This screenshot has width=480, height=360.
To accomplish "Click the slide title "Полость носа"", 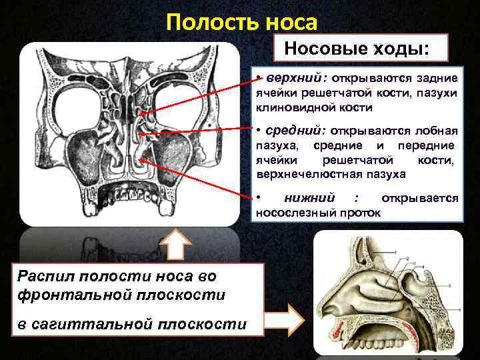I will [241, 22].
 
